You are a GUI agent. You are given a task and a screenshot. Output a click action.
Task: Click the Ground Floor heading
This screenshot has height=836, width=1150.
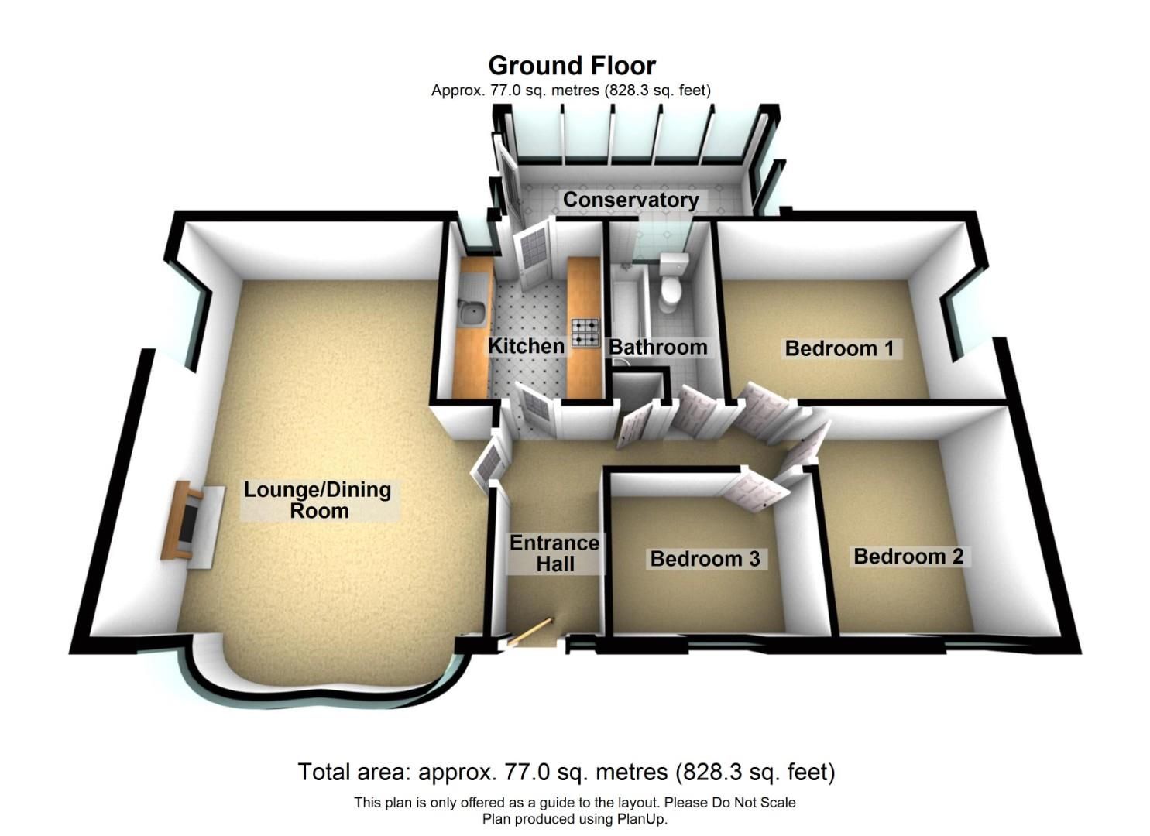(x=572, y=67)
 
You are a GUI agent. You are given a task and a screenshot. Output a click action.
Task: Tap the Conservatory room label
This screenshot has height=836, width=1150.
(x=630, y=200)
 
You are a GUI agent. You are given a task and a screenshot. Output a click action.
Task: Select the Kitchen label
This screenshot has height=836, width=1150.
(x=527, y=347)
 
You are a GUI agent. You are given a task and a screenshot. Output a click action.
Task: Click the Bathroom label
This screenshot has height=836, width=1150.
(x=657, y=348)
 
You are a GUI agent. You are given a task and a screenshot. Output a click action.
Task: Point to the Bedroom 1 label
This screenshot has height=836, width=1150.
(x=839, y=348)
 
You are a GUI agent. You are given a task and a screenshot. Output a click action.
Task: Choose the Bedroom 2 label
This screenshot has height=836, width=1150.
(x=908, y=557)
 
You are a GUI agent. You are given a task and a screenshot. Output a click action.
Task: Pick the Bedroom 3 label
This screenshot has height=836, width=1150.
(x=705, y=559)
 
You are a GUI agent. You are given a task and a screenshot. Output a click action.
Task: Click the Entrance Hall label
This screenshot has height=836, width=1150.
(x=554, y=553)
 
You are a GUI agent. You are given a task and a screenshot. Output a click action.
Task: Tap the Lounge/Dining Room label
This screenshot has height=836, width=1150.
(x=318, y=500)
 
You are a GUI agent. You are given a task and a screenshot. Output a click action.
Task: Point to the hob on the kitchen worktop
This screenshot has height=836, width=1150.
(x=585, y=333)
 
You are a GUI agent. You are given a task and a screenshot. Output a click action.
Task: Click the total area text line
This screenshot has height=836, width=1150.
(x=566, y=772)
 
